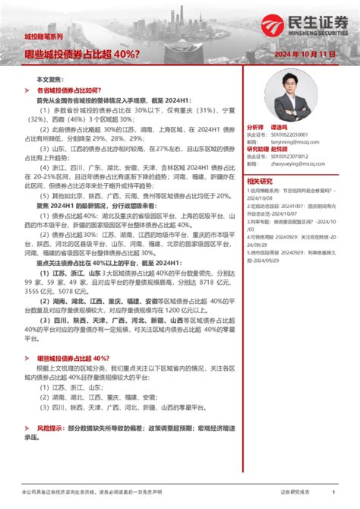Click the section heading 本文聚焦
pyautogui.click(x=50, y=80)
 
